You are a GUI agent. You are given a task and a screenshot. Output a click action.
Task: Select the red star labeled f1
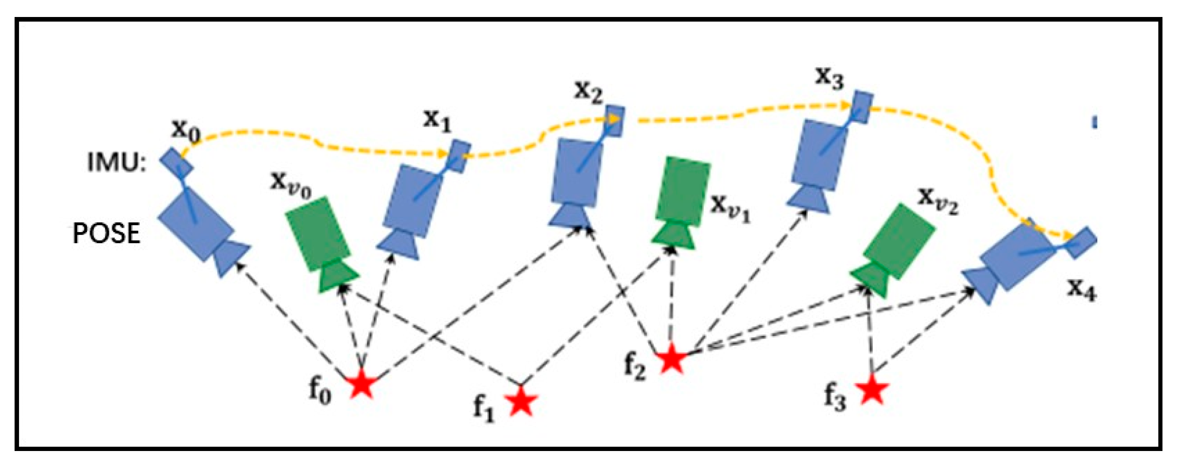pos(521,401)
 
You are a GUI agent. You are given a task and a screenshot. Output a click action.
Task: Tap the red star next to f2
pos(672,360)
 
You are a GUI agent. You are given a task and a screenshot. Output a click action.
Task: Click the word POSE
pos(106,234)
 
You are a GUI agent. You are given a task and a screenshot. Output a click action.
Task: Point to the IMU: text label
pos(117,163)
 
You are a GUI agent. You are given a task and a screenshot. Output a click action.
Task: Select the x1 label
pos(437,120)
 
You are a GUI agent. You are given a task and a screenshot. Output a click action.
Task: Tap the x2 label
pos(589,92)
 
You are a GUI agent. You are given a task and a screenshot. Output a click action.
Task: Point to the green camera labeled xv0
pos(321,243)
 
